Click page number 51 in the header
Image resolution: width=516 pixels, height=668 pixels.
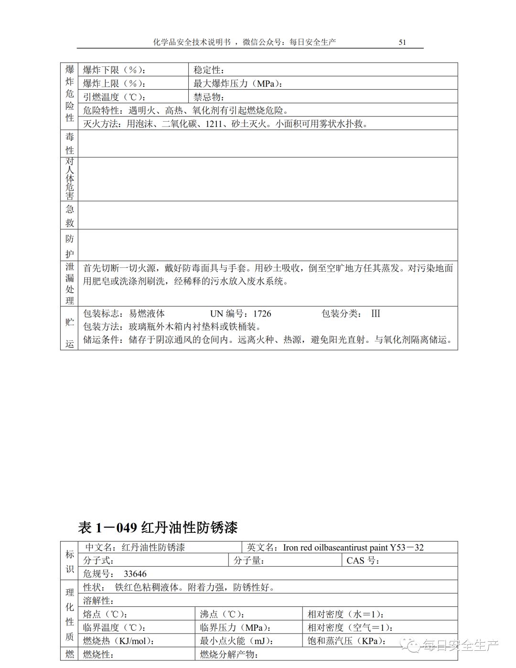coord(402,42)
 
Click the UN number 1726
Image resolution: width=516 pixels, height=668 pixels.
coord(262,314)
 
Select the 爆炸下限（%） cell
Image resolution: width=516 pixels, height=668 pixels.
coord(115,70)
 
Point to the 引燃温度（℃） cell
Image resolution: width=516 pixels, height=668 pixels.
coord(115,97)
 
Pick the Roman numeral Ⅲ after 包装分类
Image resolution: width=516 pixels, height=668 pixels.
coord(376,314)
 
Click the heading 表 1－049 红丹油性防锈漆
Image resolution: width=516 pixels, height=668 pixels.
coord(158,528)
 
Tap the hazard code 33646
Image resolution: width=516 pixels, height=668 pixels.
coord(135,574)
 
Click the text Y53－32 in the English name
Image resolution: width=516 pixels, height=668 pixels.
coord(407,547)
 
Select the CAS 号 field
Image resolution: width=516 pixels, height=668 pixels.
coord(363,561)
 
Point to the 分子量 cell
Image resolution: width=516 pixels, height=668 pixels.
coord(249,561)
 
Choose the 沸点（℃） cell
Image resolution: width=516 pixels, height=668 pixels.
coord(223,614)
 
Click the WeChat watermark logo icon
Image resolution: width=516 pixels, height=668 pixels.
coord(412,646)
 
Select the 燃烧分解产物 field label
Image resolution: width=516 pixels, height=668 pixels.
coord(229,654)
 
